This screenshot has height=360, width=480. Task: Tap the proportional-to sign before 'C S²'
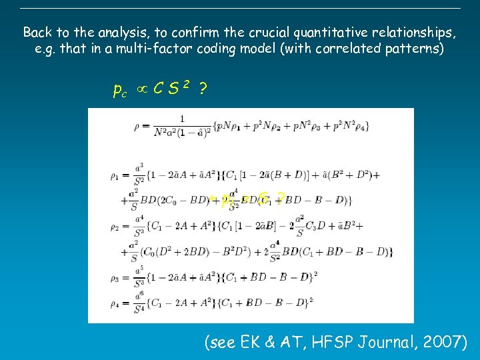(x=141, y=88)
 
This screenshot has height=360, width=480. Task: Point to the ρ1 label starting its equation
(x=115, y=176)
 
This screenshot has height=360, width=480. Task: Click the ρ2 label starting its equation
(x=115, y=227)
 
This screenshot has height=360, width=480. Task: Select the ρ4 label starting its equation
(x=115, y=304)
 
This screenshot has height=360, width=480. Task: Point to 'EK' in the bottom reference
(x=253, y=343)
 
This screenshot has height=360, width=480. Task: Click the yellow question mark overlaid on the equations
(x=281, y=197)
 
